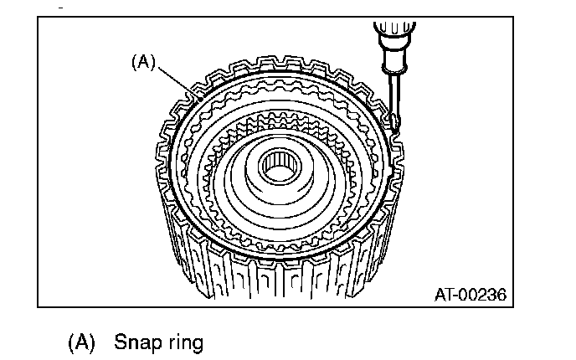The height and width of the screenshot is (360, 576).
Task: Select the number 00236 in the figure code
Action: point(485,294)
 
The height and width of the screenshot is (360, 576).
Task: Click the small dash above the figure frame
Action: point(60,7)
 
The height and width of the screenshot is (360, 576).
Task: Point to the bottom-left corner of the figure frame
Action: point(39,306)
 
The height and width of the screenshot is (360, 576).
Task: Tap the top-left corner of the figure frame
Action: point(39,18)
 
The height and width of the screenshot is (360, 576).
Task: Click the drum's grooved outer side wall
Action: point(276,276)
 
